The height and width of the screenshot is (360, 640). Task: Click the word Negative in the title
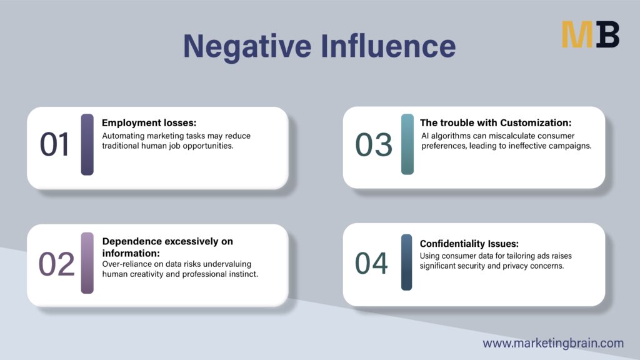pos(247,46)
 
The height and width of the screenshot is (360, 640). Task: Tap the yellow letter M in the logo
pos(577,35)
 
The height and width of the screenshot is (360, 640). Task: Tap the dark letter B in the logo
pos(607,35)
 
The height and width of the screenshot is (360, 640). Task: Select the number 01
pos(55,144)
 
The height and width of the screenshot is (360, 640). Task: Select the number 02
pos(56,264)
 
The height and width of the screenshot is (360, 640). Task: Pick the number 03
pos(374,144)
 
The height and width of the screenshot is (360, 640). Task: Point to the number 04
pos(371,263)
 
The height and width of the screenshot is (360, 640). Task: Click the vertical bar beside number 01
pos(87,144)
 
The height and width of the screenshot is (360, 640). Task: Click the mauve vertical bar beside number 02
pos(87,263)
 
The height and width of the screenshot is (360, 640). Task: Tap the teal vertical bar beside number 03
pos(407,144)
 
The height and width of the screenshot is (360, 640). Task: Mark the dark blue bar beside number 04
pos(406,262)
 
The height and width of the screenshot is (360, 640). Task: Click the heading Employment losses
pos(149,123)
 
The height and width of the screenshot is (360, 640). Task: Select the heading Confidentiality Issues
pos(469,244)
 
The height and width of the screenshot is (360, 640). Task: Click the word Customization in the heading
pos(536,123)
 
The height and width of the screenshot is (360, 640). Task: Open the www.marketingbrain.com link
pos(553,343)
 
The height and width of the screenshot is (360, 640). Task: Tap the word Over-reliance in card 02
pos(126,264)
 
